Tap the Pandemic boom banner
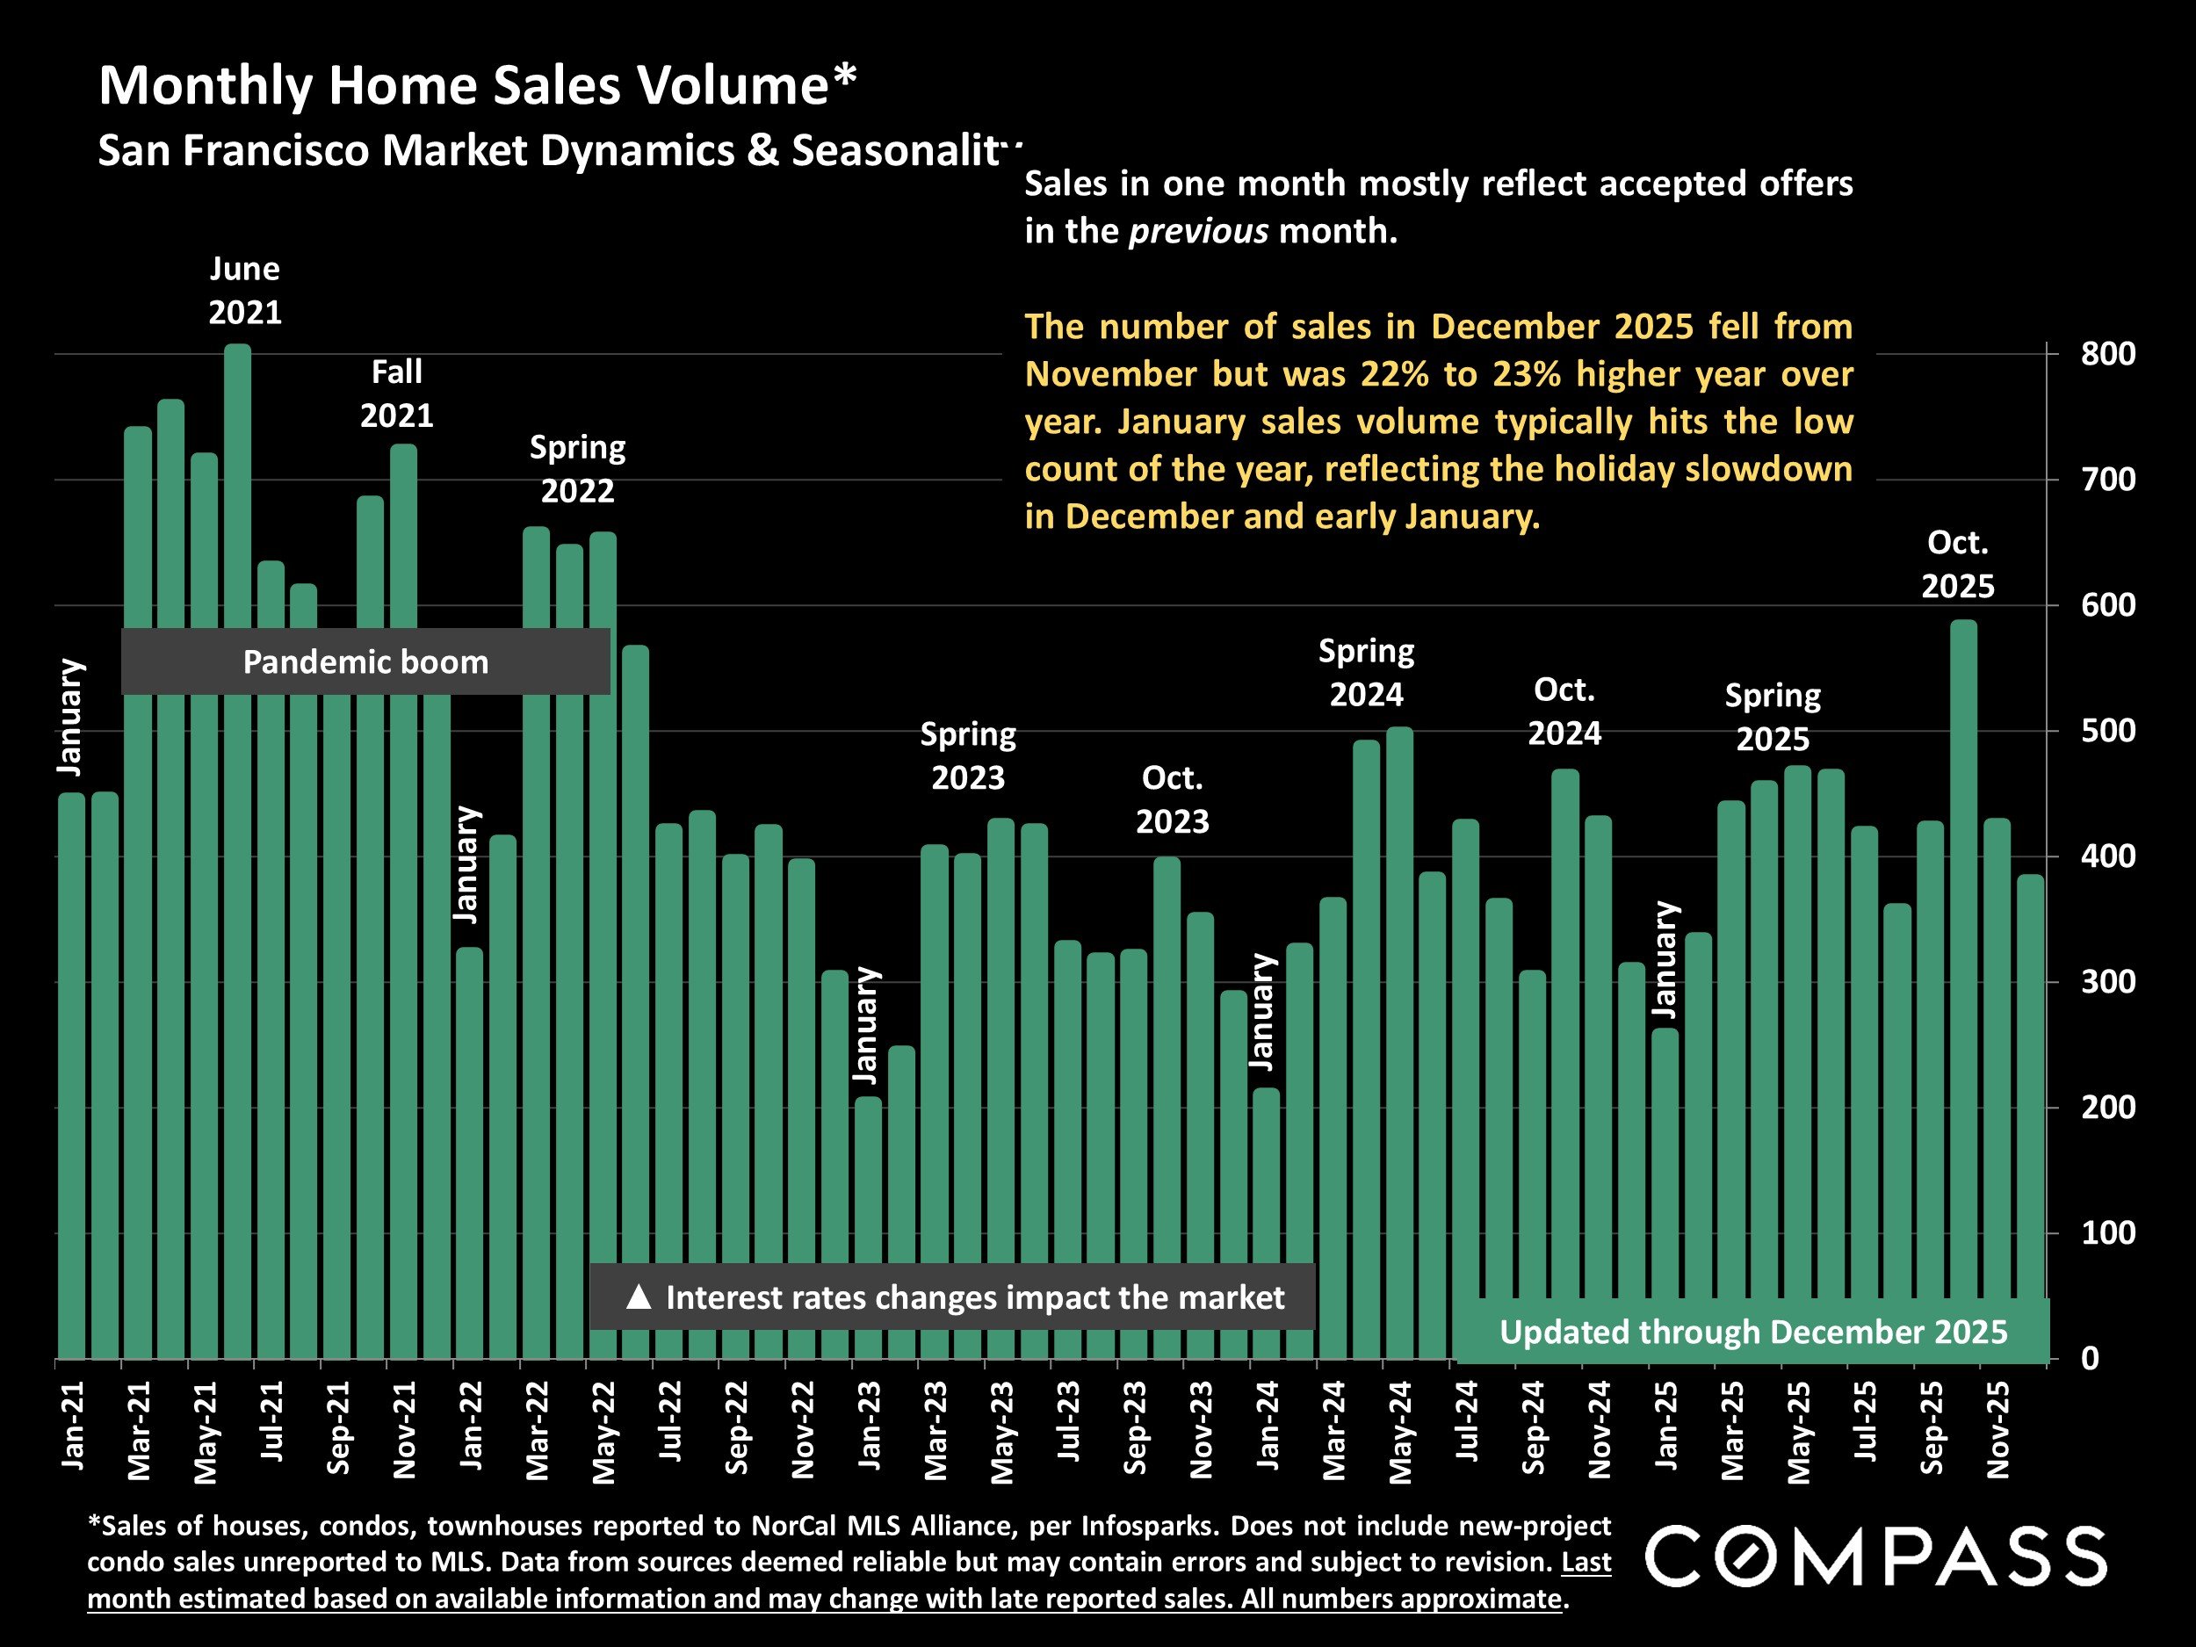coord(365,662)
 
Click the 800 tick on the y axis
coord(2106,354)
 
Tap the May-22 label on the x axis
coord(603,1432)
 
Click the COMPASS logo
coord(1875,1557)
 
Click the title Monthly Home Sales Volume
coord(476,85)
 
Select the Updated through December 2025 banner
coord(1752,1333)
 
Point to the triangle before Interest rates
coord(639,1297)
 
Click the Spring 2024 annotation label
coord(1366,673)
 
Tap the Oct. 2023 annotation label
coord(1172,800)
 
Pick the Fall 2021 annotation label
coord(396,394)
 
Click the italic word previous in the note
coord(1198,231)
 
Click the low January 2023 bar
coord(868,1231)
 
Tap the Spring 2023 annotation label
coord(967,756)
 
